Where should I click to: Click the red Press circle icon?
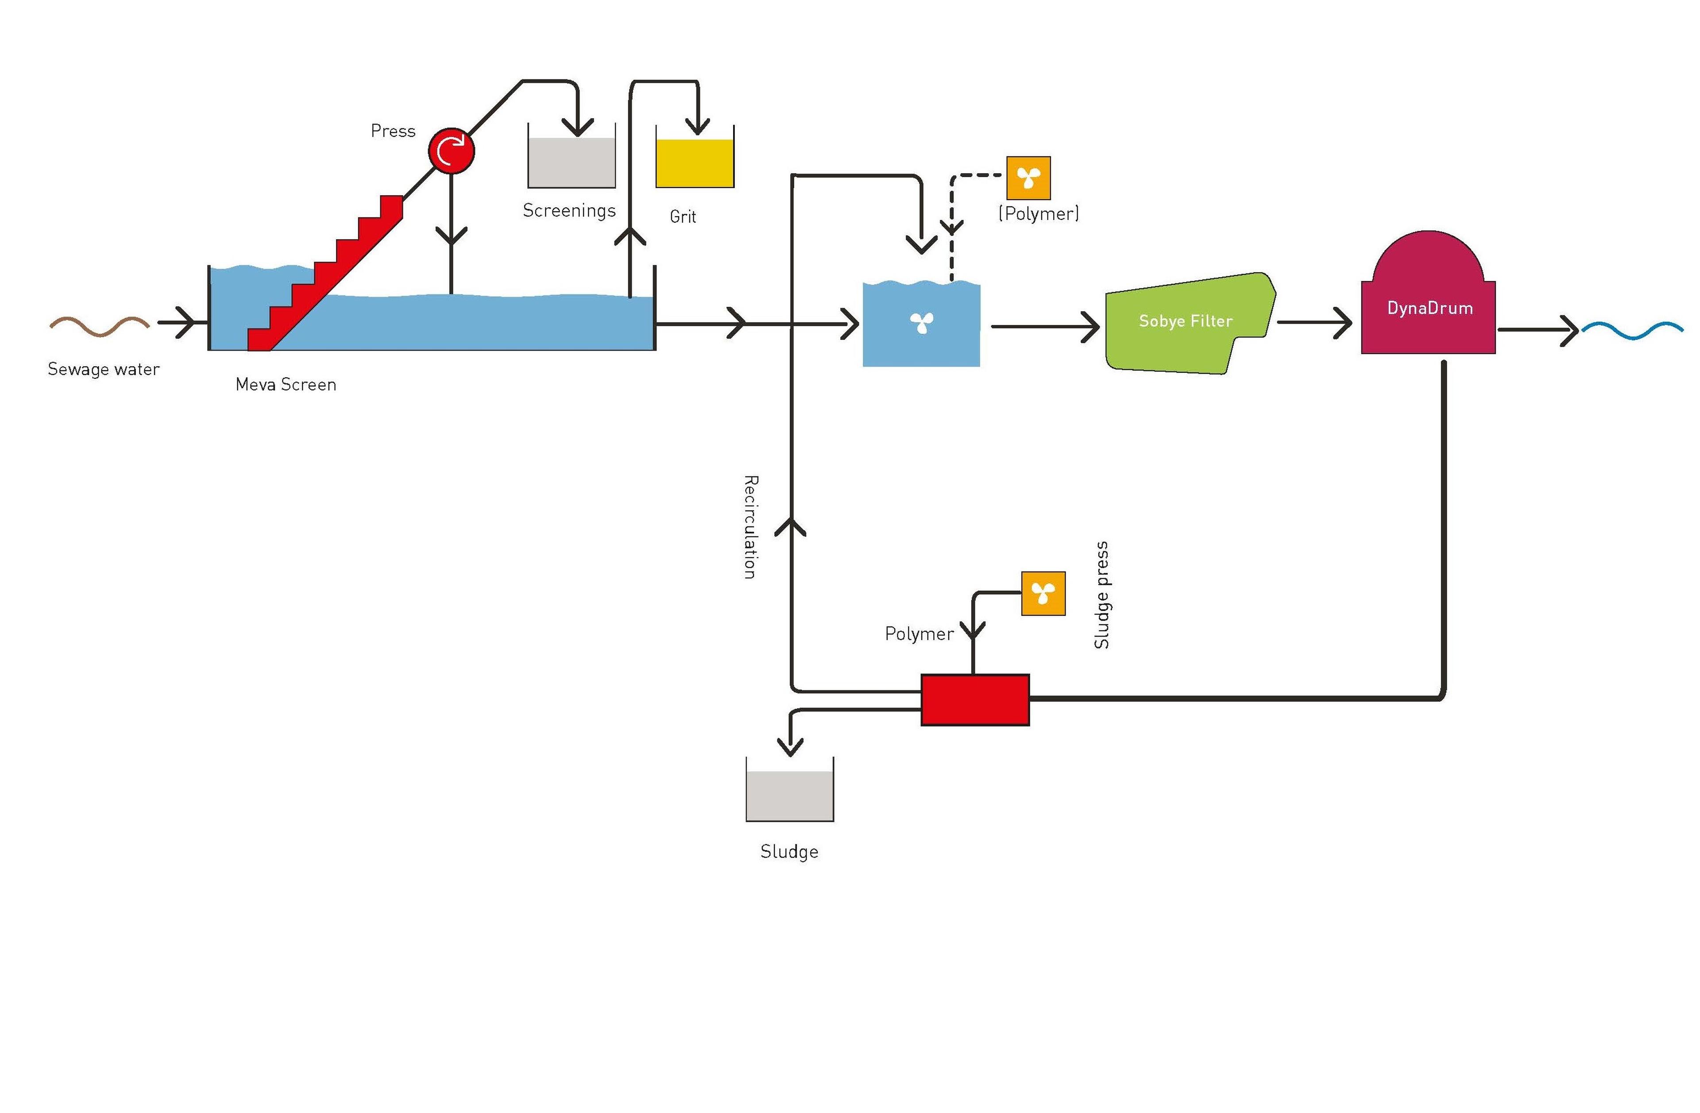[451, 151]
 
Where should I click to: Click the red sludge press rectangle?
[974, 700]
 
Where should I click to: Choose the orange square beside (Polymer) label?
[1028, 178]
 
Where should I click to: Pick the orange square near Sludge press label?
[1043, 593]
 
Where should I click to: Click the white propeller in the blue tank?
[921, 323]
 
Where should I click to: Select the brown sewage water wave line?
[99, 326]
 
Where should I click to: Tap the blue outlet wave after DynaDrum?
[1633, 330]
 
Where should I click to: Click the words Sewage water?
[104, 369]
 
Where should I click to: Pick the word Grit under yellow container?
[682, 216]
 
